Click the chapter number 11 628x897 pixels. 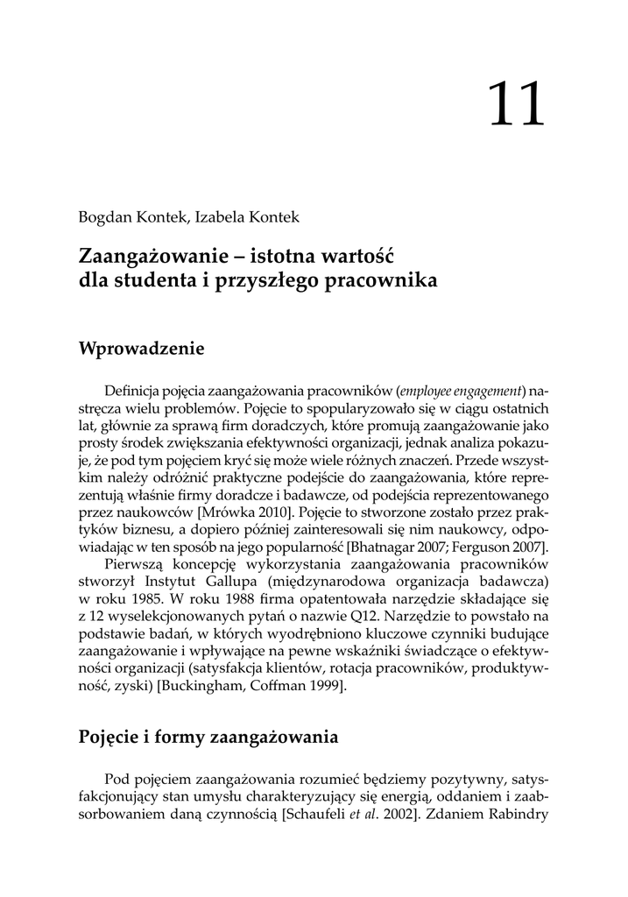(x=516, y=106)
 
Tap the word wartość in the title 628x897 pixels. (x=361, y=258)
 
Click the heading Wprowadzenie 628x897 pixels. (x=141, y=350)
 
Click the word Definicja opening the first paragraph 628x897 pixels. (x=134, y=390)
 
